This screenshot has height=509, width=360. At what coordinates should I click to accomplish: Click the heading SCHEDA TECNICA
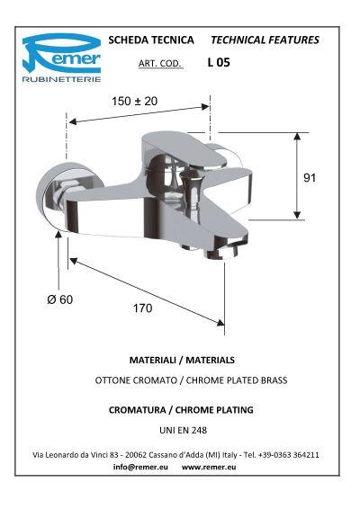[150, 40]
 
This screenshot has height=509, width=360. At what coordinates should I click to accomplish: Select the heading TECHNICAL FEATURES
[264, 40]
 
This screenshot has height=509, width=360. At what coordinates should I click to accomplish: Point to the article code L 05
[219, 64]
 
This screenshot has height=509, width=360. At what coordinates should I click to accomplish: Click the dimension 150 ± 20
[135, 102]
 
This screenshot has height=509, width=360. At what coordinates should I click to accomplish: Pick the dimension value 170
[142, 308]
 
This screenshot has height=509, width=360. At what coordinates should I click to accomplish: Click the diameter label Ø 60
[59, 299]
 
